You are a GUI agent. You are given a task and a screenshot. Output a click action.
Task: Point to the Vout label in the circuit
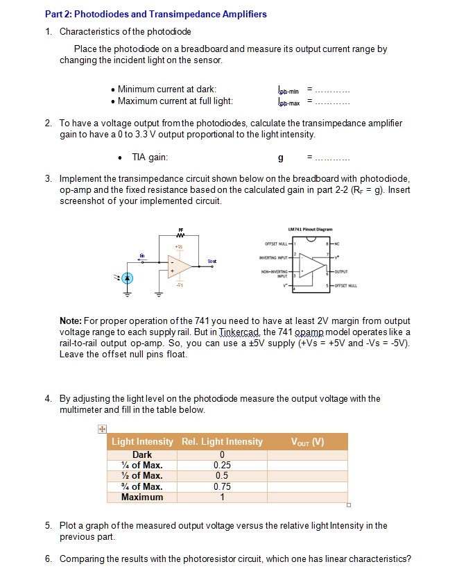coord(212,262)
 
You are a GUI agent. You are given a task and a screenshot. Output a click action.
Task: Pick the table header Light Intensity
coord(142,442)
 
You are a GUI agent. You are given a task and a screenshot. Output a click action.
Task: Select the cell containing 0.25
coord(222,466)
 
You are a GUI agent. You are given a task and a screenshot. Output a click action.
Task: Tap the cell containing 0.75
coord(222,486)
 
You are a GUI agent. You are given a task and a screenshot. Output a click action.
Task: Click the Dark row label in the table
coord(142,455)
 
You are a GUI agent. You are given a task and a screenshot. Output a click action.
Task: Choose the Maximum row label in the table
coord(142,497)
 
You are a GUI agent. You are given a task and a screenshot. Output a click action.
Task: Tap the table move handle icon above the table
coord(101,429)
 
